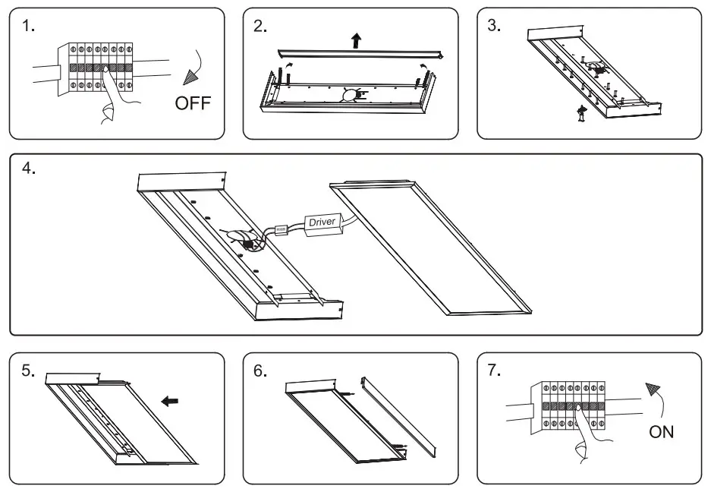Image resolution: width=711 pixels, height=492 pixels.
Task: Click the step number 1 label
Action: click(x=28, y=26)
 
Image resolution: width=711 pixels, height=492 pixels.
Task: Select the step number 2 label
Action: click(x=260, y=26)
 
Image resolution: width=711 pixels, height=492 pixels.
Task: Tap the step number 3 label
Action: click(x=494, y=26)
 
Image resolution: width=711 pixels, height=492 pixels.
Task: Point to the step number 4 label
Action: click(x=29, y=169)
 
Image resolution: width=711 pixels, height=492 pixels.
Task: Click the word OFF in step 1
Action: click(x=193, y=103)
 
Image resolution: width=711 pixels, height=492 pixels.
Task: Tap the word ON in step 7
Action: click(x=661, y=433)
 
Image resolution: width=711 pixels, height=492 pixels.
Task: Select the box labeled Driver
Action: click(x=322, y=222)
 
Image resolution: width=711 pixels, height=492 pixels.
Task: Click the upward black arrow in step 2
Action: click(x=356, y=40)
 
